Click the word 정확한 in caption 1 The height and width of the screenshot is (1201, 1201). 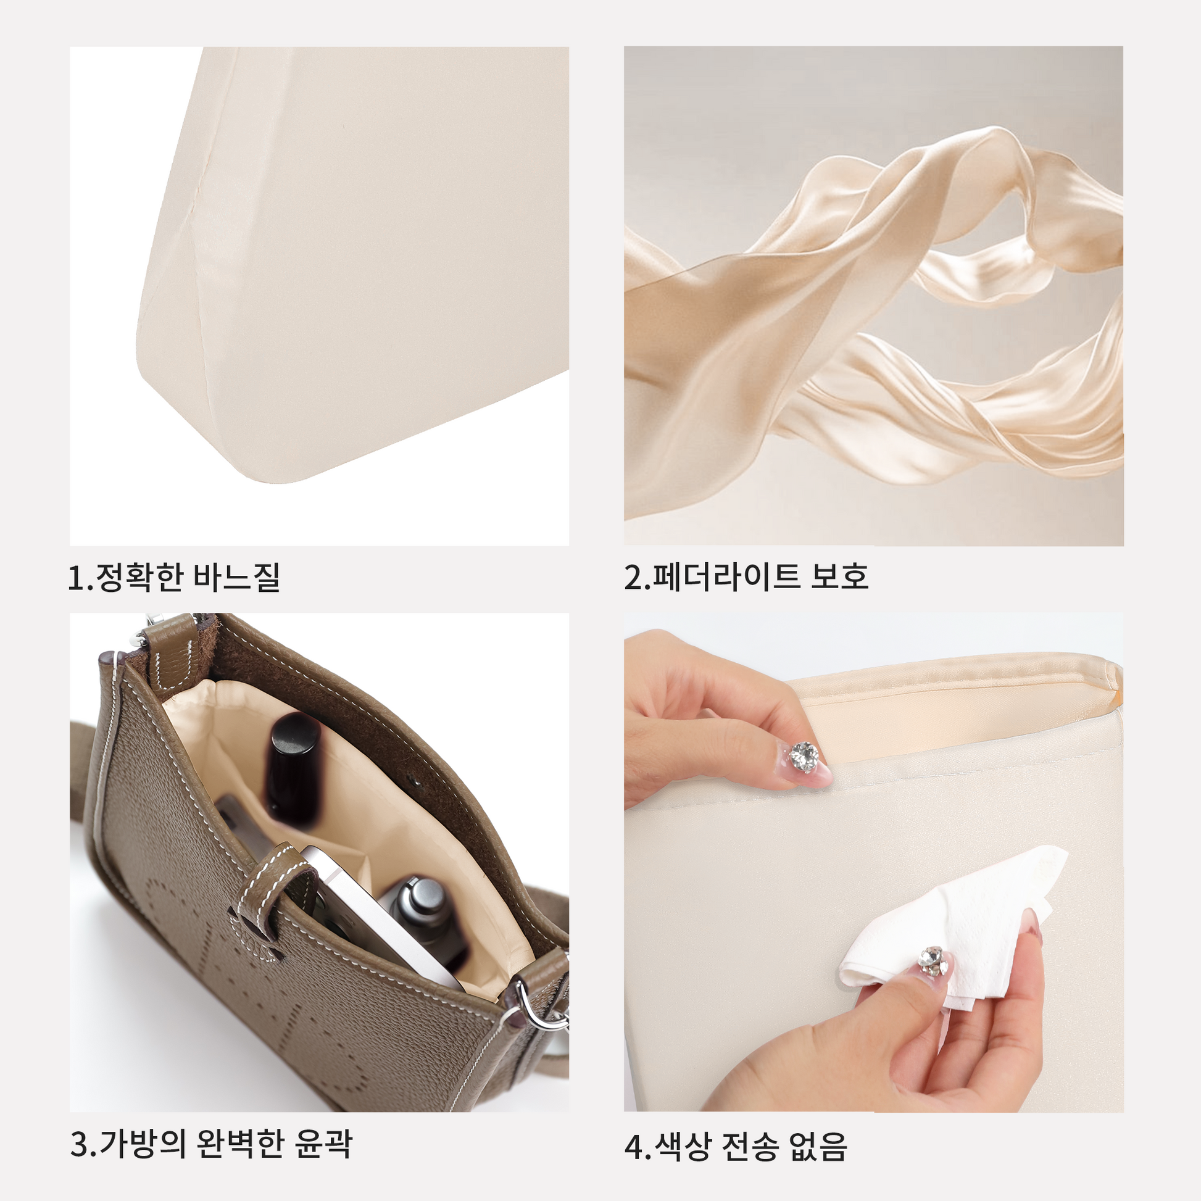(x=139, y=577)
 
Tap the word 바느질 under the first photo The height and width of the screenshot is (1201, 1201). (x=237, y=577)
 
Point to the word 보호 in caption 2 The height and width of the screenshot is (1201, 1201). (x=839, y=576)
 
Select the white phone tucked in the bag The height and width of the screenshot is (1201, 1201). (x=373, y=914)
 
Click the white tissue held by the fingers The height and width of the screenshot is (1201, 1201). (x=951, y=920)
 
